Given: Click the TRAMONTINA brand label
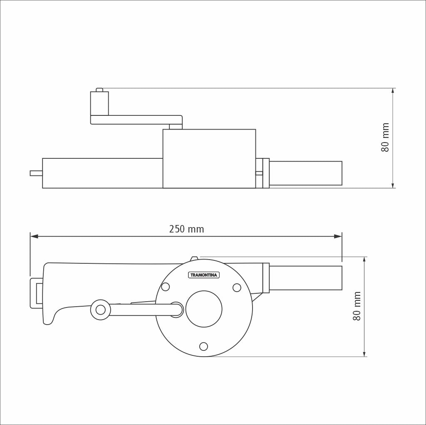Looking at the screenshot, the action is pyautogui.click(x=204, y=275).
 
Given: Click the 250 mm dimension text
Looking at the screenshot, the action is pyautogui.click(x=186, y=229).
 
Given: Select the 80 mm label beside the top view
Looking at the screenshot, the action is pyautogui.click(x=385, y=137).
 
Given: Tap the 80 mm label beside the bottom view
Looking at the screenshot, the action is pyautogui.click(x=357, y=306).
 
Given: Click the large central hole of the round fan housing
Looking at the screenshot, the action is pyautogui.click(x=204, y=309).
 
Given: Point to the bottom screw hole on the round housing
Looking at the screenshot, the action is pyautogui.click(x=203, y=346).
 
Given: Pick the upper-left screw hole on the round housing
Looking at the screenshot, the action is pyautogui.click(x=166, y=287).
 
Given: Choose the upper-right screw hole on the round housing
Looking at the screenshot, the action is pyautogui.click(x=237, y=287).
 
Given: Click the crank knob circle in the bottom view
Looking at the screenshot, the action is pyautogui.click(x=101, y=310).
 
